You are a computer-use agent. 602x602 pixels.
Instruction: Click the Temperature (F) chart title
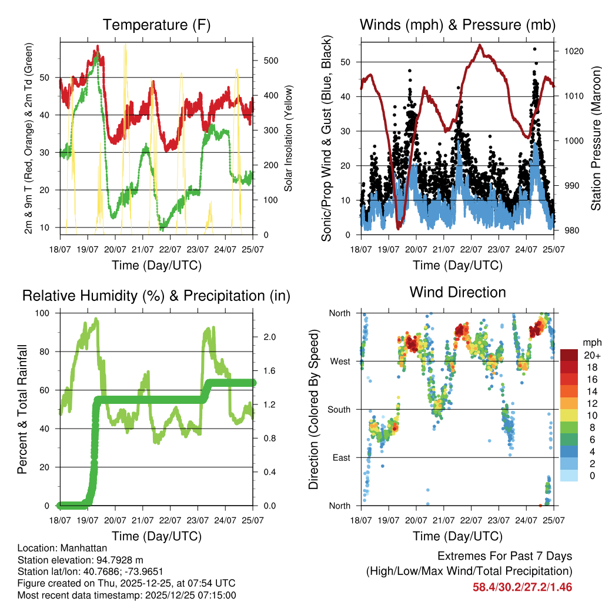pos(156,25)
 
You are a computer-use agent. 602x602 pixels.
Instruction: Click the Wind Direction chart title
pos(457,292)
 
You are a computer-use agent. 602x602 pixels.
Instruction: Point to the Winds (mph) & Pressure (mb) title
pos(457,25)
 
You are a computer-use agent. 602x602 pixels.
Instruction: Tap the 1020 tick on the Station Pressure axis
pos(573,51)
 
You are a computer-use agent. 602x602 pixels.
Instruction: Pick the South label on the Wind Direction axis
pos(339,409)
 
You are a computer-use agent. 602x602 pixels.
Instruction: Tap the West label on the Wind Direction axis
pos(340,361)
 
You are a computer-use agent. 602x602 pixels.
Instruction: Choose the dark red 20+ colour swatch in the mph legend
pos(569,355)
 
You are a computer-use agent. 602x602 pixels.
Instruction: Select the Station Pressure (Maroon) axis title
pos(595,139)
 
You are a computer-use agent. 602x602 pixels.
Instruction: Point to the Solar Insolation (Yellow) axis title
pos(289,139)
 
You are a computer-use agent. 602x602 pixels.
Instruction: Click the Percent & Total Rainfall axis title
pos(22,409)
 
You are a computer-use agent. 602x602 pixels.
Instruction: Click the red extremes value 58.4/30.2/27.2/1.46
pos(522,587)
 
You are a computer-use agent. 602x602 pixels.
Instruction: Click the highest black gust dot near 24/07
pos(534,49)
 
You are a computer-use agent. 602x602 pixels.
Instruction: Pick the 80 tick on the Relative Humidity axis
pos(46,352)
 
